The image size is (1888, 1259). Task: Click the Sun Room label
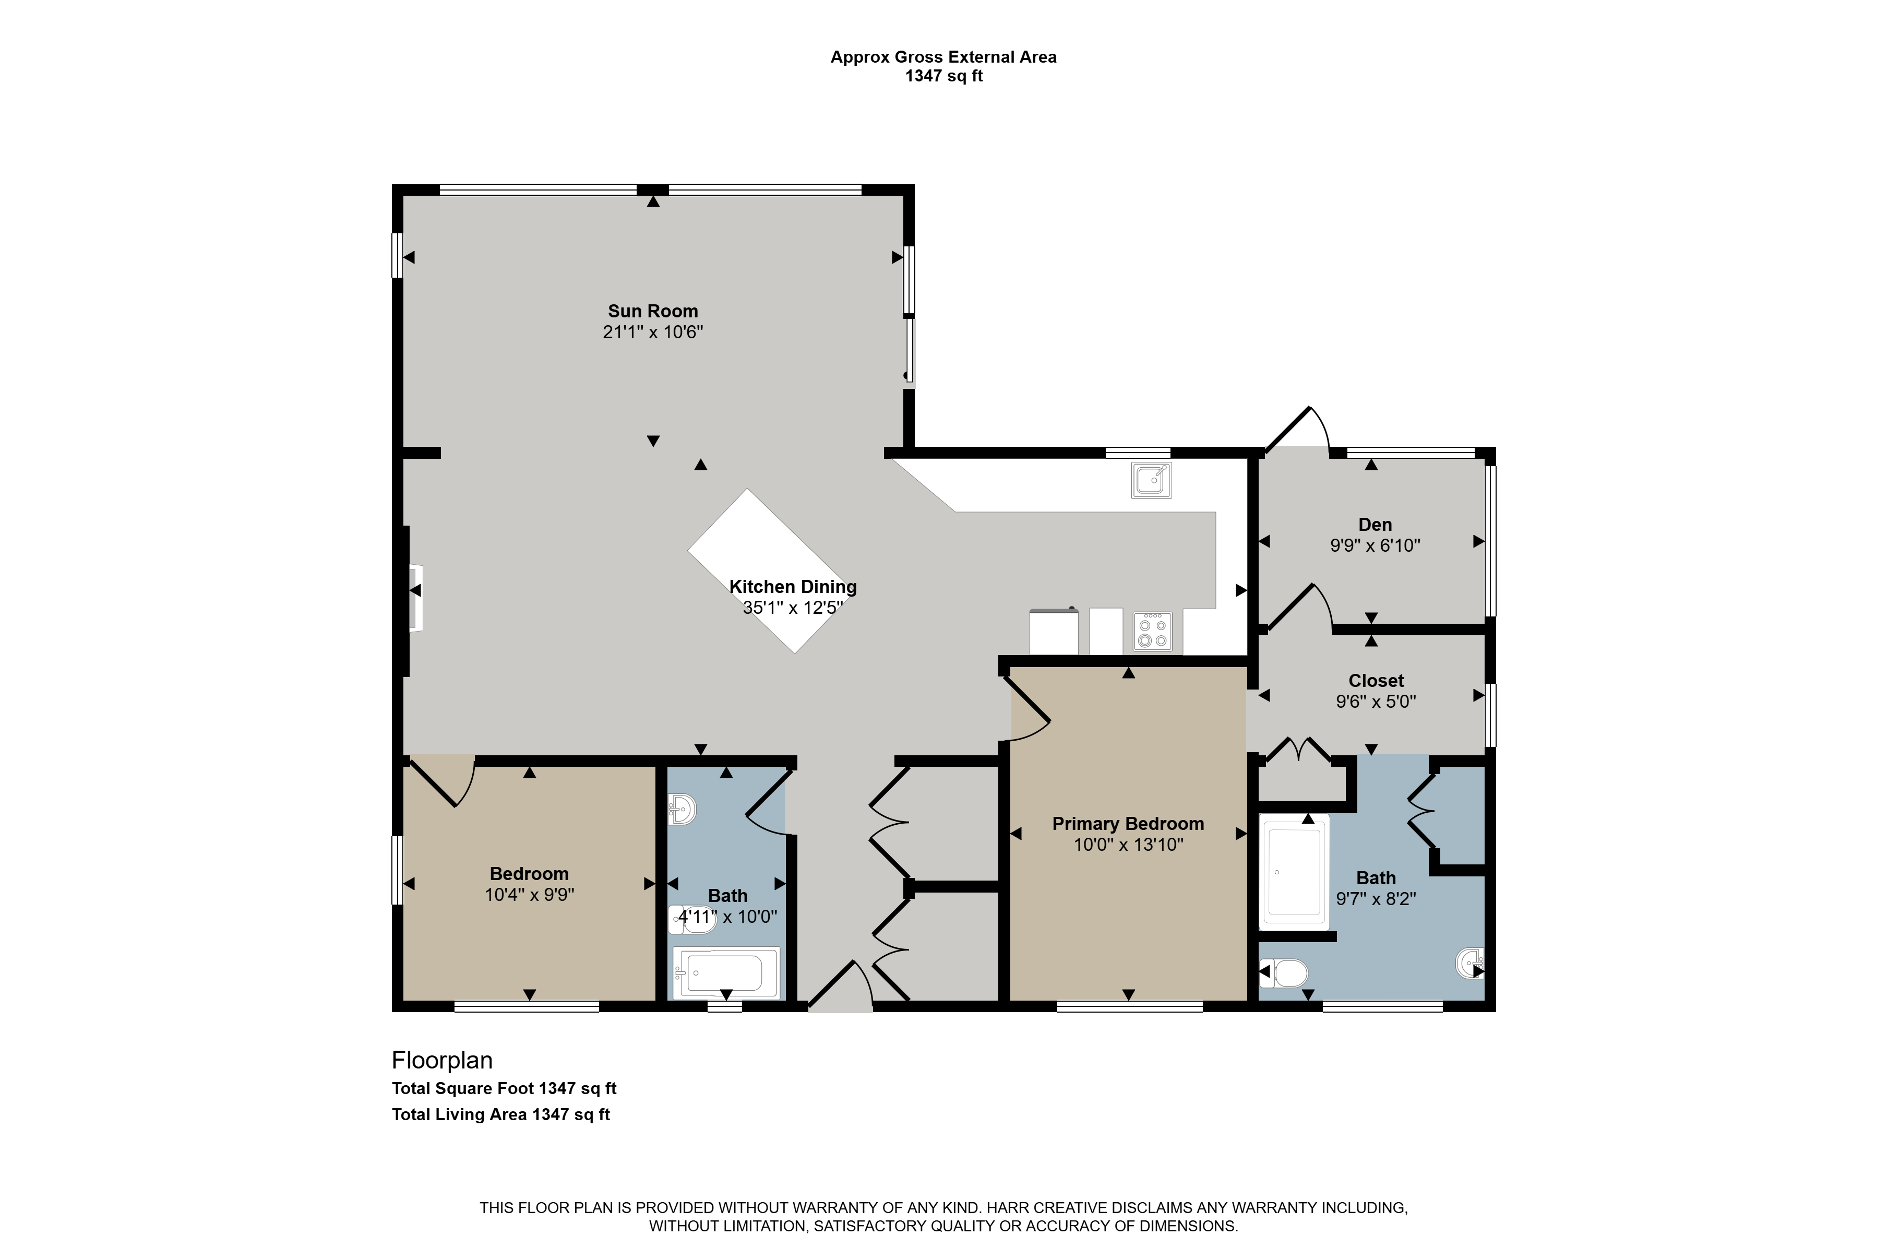click(x=653, y=311)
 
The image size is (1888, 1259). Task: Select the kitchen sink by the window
click(x=1152, y=480)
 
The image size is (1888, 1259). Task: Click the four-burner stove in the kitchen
click(x=1153, y=631)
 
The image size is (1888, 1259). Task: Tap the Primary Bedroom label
click(x=1128, y=824)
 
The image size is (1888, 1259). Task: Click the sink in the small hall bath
click(x=683, y=810)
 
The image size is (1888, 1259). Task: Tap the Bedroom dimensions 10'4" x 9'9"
click(x=529, y=895)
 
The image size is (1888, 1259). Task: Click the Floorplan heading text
click(x=443, y=1061)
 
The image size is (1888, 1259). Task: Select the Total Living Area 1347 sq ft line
click(x=501, y=1114)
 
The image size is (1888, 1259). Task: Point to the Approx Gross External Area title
click(x=943, y=57)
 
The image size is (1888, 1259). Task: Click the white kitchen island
click(x=771, y=571)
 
